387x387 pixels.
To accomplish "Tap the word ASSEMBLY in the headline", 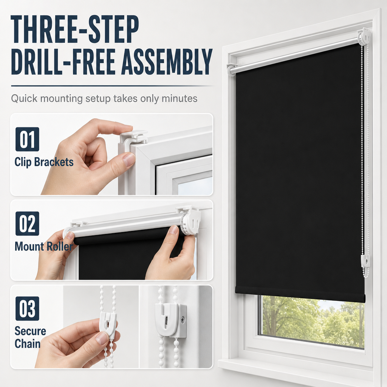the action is [167, 62].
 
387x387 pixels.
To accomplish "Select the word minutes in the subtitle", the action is [180, 99].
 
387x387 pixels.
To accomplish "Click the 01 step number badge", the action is [27, 139].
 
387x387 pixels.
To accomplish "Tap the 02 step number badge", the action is [27, 224].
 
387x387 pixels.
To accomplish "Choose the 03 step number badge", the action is [27, 308].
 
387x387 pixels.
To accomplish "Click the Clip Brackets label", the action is [44, 162].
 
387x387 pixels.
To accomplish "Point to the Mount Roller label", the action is [44, 246].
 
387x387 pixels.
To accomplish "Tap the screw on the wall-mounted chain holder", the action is [183, 320].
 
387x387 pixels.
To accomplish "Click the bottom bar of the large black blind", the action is [300, 294].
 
